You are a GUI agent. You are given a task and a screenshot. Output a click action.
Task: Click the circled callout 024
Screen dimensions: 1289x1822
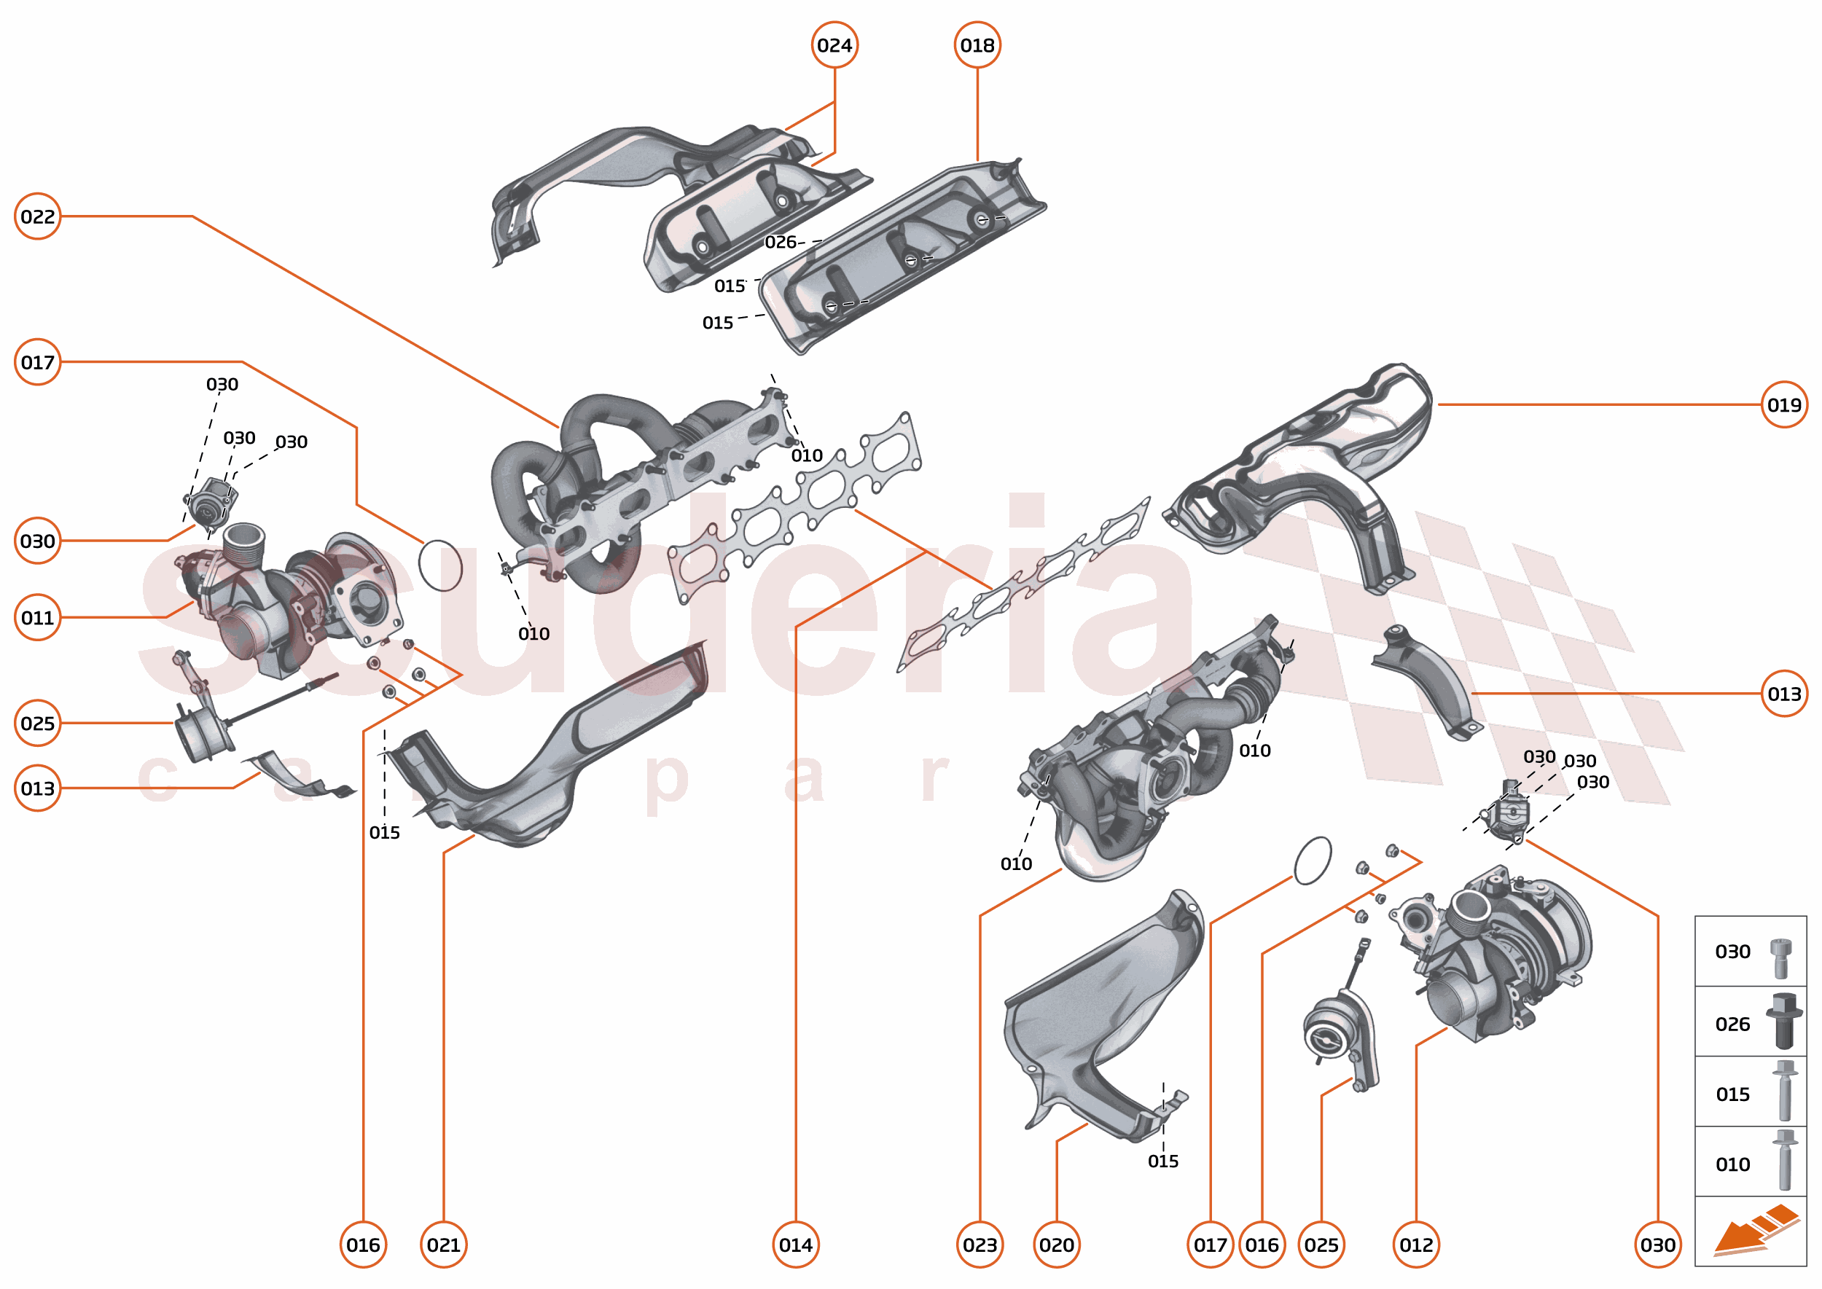click(834, 45)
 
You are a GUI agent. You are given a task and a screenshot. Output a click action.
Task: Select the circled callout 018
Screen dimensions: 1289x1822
click(977, 45)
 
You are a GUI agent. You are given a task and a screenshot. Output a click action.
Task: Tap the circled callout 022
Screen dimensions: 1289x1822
click(37, 216)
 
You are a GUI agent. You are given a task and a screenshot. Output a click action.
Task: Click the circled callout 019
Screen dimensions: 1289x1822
click(1783, 406)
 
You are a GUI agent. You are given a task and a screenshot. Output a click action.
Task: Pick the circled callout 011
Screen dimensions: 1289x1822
click(37, 617)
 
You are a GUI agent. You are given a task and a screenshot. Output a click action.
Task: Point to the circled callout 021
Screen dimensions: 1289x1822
click(443, 1245)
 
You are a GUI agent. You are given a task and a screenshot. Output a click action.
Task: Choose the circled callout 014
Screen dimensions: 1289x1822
click(796, 1245)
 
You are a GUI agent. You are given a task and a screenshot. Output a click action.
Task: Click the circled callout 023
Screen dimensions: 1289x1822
click(980, 1245)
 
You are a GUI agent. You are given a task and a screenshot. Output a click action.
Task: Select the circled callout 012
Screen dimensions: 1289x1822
click(1415, 1245)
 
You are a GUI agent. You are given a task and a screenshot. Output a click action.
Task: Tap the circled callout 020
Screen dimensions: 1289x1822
click(1056, 1245)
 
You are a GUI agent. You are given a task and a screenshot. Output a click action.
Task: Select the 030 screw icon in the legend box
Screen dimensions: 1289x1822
click(1780, 957)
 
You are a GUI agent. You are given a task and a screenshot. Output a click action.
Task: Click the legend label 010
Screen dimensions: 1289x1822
click(1732, 1164)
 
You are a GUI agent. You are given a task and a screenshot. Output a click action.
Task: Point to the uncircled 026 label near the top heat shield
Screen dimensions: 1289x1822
click(780, 242)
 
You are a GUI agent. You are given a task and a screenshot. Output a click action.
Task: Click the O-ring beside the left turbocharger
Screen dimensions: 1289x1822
click(439, 565)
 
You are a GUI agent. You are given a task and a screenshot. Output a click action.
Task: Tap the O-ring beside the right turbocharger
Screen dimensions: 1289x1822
click(1313, 860)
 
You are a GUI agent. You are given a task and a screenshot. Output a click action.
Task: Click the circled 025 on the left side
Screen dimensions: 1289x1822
click(37, 723)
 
